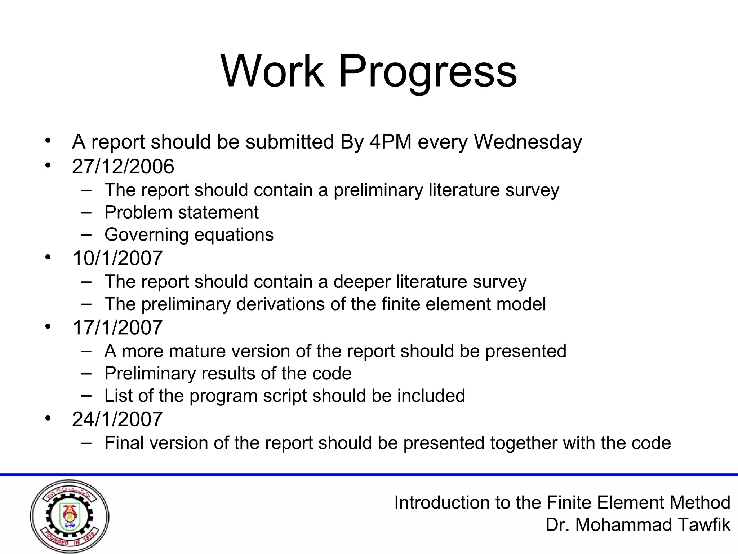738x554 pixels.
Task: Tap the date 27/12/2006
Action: point(123,167)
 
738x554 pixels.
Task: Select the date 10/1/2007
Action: point(117,258)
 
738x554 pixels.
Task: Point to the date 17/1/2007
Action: point(117,327)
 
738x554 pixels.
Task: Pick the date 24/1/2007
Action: point(117,419)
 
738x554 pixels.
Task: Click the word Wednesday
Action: point(528,142)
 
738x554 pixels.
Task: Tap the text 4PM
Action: point(391,142)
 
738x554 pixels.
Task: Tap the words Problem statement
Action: point(181,212)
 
